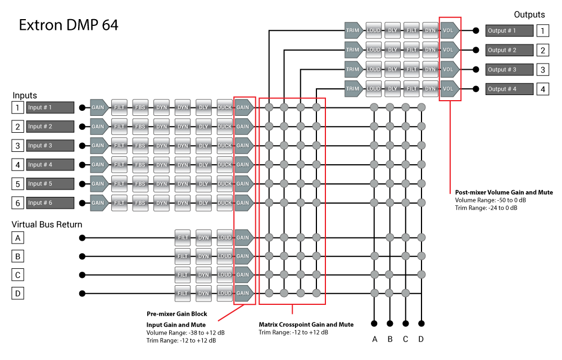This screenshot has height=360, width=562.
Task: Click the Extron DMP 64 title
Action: [x=69, y=25]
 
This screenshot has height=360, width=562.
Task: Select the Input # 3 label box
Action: [x=50, y=146]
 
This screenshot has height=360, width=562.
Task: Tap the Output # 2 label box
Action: [x=509, y=50]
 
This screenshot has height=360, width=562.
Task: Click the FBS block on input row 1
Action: [x=140, y=107]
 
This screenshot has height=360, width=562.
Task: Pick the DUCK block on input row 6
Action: [x=224, y=202]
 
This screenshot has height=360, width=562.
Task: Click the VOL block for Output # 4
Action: [x=449, y=89]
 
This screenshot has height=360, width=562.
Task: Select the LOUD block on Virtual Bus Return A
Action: [x=224, y=238]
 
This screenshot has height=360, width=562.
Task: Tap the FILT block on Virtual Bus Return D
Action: [x=182, y=293]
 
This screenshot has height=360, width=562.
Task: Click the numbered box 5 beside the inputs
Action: [x=18, y=184]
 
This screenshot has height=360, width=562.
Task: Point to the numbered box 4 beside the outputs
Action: [x=542, y=89]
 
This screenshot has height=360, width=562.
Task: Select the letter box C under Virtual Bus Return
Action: [x=18, y=275]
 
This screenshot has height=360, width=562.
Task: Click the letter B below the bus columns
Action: [x=390, y=339]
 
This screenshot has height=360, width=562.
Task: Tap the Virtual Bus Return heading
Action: [x=47, y=224]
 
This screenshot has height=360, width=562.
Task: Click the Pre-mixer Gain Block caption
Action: [x=176, y=314]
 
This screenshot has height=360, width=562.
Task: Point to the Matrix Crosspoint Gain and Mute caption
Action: [x=306, y=325]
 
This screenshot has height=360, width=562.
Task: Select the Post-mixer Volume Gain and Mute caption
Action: [x=504, y=192]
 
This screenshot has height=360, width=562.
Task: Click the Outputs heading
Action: [x=529, y=15]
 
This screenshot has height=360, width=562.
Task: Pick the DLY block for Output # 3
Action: [x=392, y=70]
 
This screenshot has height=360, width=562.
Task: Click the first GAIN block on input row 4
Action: [x=98, y=165]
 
